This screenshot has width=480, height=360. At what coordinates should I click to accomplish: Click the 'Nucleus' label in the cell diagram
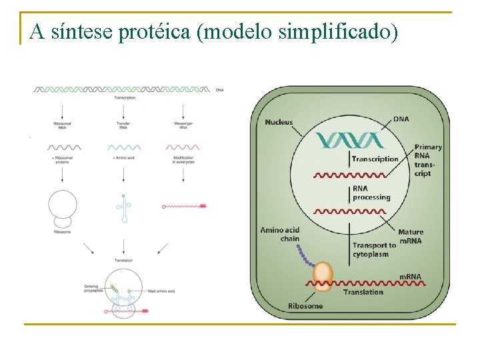279,122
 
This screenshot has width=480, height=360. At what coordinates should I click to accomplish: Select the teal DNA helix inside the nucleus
351,139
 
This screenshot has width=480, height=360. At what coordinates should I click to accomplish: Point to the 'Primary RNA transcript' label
427,160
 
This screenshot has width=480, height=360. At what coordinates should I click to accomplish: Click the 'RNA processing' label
371,193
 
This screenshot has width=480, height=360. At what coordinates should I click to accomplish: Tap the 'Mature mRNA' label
411,236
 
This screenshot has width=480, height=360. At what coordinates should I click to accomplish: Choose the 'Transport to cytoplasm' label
374,249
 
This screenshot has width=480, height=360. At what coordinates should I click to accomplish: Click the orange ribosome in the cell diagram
323,276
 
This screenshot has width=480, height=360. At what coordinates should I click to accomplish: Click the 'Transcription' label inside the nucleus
375,159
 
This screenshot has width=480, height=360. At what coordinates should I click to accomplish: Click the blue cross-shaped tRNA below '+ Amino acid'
123,207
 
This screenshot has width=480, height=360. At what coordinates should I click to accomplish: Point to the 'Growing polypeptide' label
93,291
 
